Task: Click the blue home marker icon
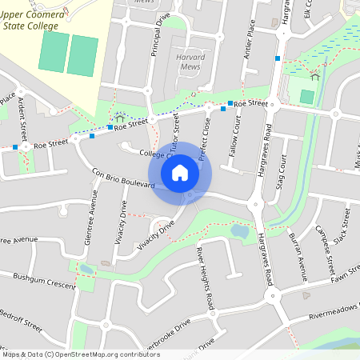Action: (x=180, y=171)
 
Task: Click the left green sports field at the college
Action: (x=53, y=53)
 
